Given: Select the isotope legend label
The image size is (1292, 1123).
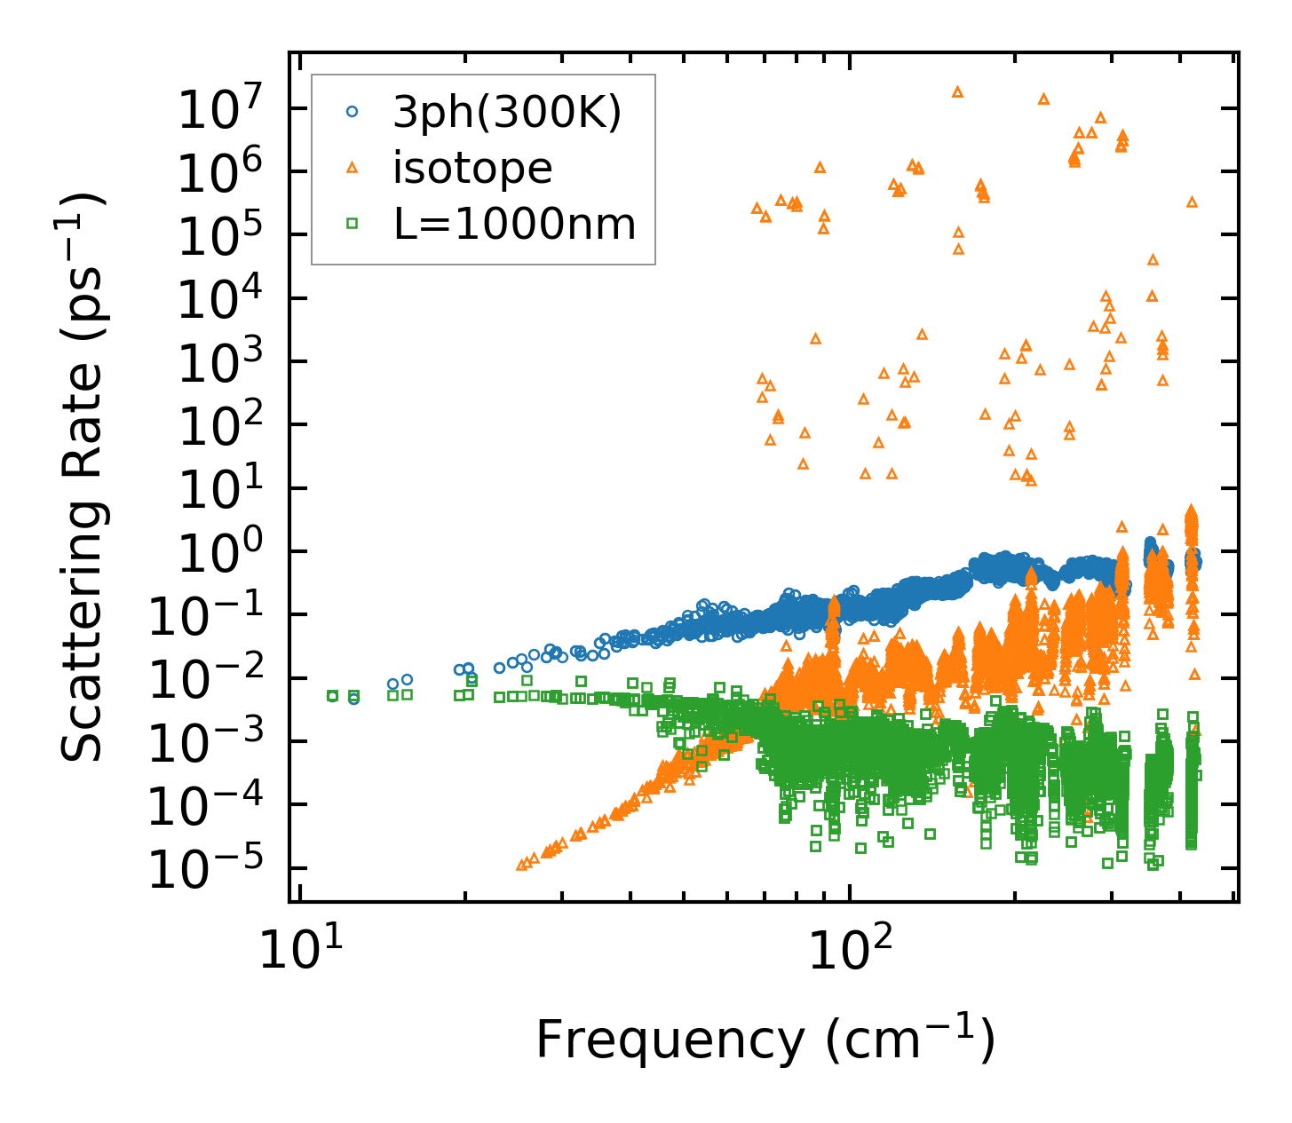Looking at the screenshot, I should click(472, 168).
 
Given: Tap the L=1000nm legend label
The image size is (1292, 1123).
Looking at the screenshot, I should click(514, 225).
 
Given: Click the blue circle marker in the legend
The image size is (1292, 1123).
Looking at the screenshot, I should click(353, 112).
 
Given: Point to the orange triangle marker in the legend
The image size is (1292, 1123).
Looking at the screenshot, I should click(353, 168).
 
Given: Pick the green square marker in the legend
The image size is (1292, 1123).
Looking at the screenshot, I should click(353, 225).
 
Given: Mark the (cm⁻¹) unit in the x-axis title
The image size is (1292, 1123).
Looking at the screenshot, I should click(911, 1040).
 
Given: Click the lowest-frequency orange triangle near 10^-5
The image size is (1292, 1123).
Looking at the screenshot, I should click(522, 864).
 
